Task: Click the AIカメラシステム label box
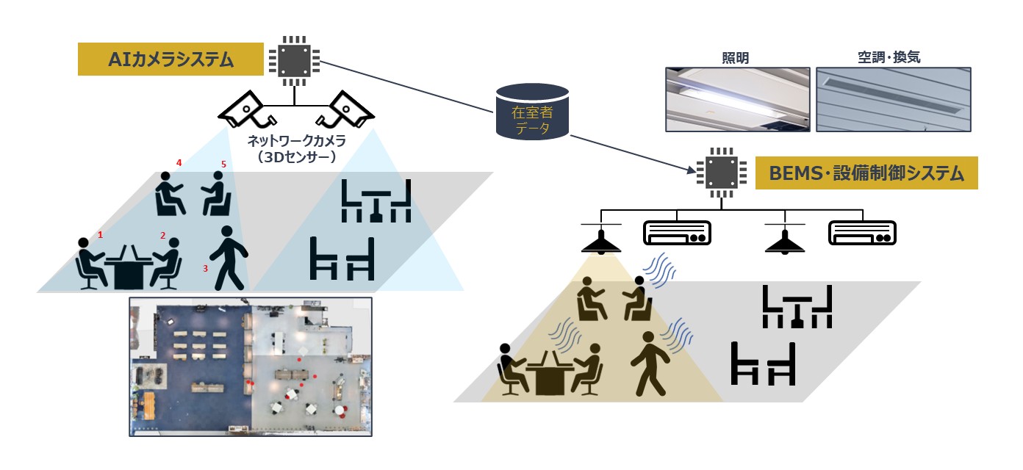[170, 59]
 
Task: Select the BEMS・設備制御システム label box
[866, 173]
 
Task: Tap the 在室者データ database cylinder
[533, 112]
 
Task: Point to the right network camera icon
[344, 109]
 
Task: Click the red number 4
[179, 162]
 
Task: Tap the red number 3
[206, 269]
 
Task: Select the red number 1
[101, 235]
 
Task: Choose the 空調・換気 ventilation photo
[893, 100]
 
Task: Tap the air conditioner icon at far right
[864, 234]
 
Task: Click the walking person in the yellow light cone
[649, 364]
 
